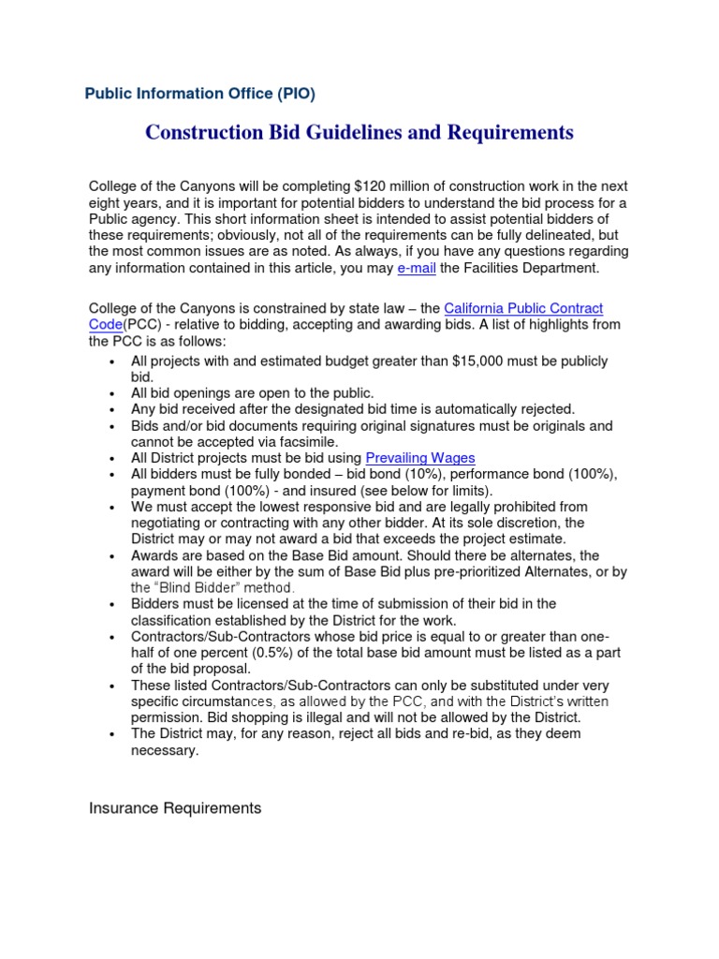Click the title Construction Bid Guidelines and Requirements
pos(359,133)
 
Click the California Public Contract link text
pos(522,308)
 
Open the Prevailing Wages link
pos(420,458)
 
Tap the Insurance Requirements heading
pos(175,807)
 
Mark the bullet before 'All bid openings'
pos(112,394)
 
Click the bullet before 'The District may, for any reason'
pos(112,734)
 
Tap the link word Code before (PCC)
pos(106,324)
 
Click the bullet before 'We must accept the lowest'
pos(112,507)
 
